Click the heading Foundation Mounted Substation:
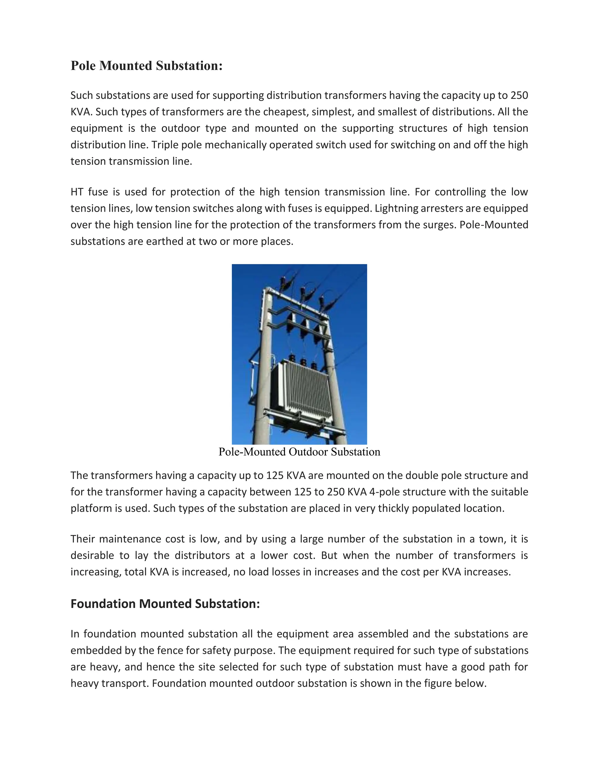[x=165, y=604]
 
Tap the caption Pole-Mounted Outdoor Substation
[x=299, y=452]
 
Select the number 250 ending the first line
[x=519, y=95]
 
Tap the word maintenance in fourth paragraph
[x=130, y=539]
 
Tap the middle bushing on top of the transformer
[x=303, y=363]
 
